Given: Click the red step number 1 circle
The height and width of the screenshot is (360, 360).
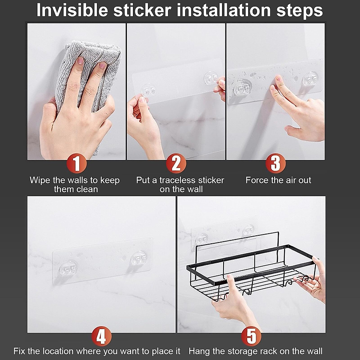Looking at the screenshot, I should click(x=77, y=164).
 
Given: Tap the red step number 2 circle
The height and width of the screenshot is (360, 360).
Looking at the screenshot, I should click(x=176, y=164).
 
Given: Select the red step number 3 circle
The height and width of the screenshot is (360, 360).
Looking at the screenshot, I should click(x=275, y=164).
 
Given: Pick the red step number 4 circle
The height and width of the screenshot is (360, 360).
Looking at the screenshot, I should click(x=101, y=336).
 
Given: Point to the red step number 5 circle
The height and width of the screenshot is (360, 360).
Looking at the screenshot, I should click(x=251, y=336).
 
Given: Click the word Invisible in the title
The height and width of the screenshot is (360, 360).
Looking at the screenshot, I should click(x=72, y=10).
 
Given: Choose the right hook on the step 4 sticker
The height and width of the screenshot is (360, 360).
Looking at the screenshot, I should click(x=139, y=257).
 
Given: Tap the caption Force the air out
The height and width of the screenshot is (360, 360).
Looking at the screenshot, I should click(x=278, y=180).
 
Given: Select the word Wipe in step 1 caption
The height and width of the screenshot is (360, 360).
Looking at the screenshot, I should click(x=40, y=180).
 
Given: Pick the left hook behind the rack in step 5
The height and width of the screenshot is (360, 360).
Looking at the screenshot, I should click(x=201, y=239).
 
